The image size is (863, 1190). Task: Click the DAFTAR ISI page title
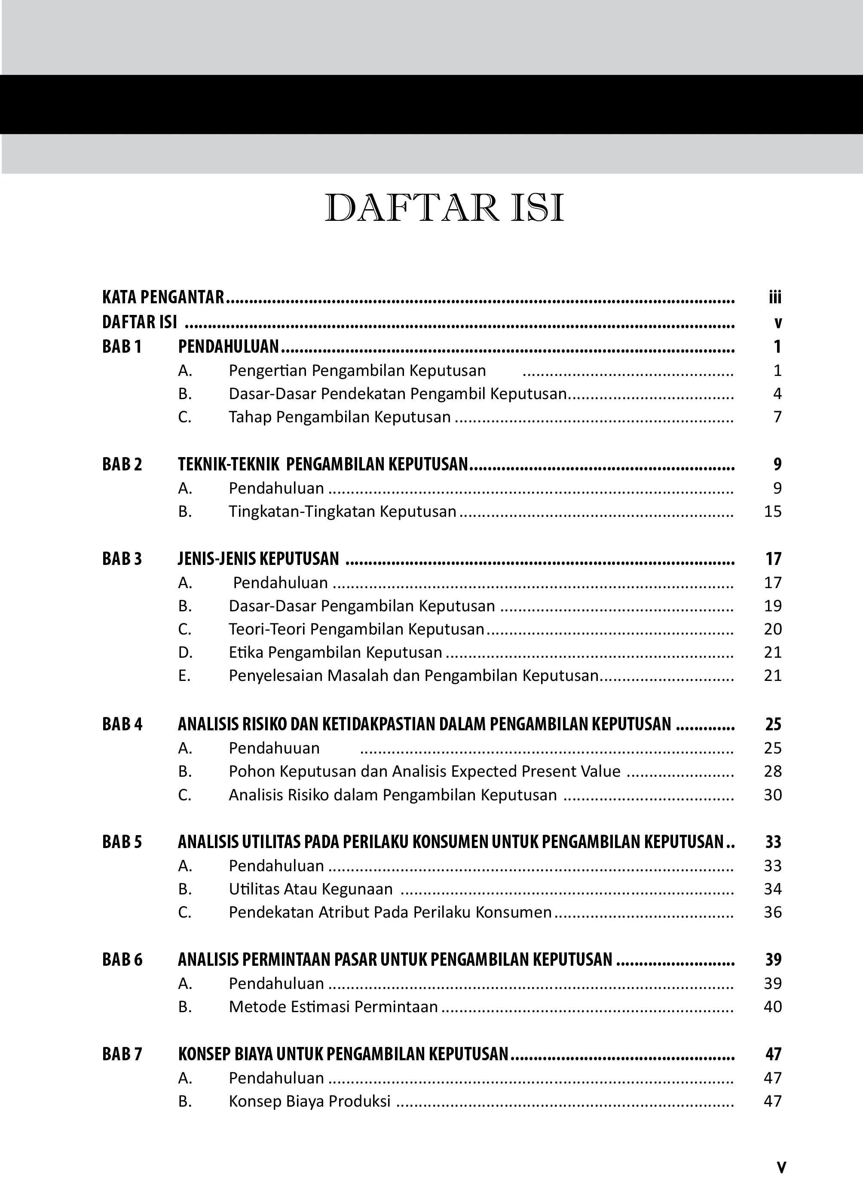[x=444, y=209]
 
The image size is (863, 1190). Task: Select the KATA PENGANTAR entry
[x=163, y=297]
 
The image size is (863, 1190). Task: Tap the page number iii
[x=775, y=298]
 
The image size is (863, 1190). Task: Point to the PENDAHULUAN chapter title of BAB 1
[x=228, y=347]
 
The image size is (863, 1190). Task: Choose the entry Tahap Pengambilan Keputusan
[x=340, y=417]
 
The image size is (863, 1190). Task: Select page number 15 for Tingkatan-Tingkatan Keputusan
[x=773, y=512]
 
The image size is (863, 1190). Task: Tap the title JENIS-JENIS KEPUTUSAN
[x=258, y=559]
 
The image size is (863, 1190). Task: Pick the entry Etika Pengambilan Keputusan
[x=335, y=652]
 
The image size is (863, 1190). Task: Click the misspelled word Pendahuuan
[x=274, y=748]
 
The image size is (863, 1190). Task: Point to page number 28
[x=773, y=771]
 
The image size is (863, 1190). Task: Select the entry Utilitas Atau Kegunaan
[x=311, y=889]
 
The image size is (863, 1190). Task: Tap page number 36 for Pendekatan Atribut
[x=773, y=912]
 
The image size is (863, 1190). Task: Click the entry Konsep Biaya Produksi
[x=310, y=1102]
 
